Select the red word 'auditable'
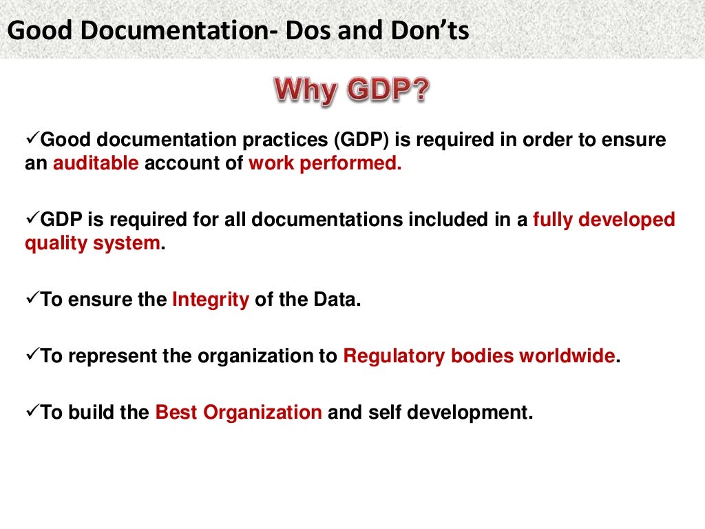(x=96, y=164)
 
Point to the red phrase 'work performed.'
(x=325, y=164)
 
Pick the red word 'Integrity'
(x=211, y=300)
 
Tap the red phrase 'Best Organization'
(x=239, y=413)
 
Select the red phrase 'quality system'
(x=92, y=244)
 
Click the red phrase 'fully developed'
(x=604, y=220)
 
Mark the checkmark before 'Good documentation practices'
(x=32, y=139)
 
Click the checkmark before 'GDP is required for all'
(x=32, y=219)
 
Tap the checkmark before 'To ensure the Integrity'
(x=32, y=300)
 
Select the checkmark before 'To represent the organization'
(x=32, y=356)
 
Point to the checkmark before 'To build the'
(x=32, y=412)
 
